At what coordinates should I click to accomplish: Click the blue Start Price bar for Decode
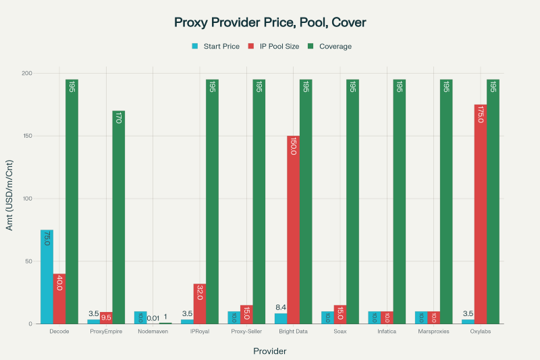pyautogui.click(x=47, y=277)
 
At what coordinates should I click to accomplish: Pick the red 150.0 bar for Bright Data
pyautogui.click(x=293, y=230)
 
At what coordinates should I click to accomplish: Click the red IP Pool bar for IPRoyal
pyautogui.click(x=199, y=304)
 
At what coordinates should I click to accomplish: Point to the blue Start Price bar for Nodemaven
pyautogui.click(x=140, y=317)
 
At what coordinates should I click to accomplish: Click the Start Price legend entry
pyautogui.click(x=216, y=47)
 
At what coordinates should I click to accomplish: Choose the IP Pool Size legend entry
pyautogui.click(x=273, y=47)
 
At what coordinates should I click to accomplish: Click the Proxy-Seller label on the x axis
pyautogui.click(x=246, y=332)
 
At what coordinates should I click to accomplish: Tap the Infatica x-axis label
pyautogui.click(x=387, y=332)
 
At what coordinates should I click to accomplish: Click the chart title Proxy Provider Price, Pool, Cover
pyautogui.click(x=270, y=22)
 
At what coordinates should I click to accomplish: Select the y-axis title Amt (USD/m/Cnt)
pyautogui.click(x=9, y=199)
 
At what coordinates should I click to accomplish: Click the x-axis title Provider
pyautogui.click(x=270, y=351)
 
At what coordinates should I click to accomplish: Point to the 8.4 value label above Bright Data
pyautogui.click(x=281, y=308)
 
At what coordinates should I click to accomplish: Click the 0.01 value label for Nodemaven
pyautogui.click(x=153, y=318)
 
